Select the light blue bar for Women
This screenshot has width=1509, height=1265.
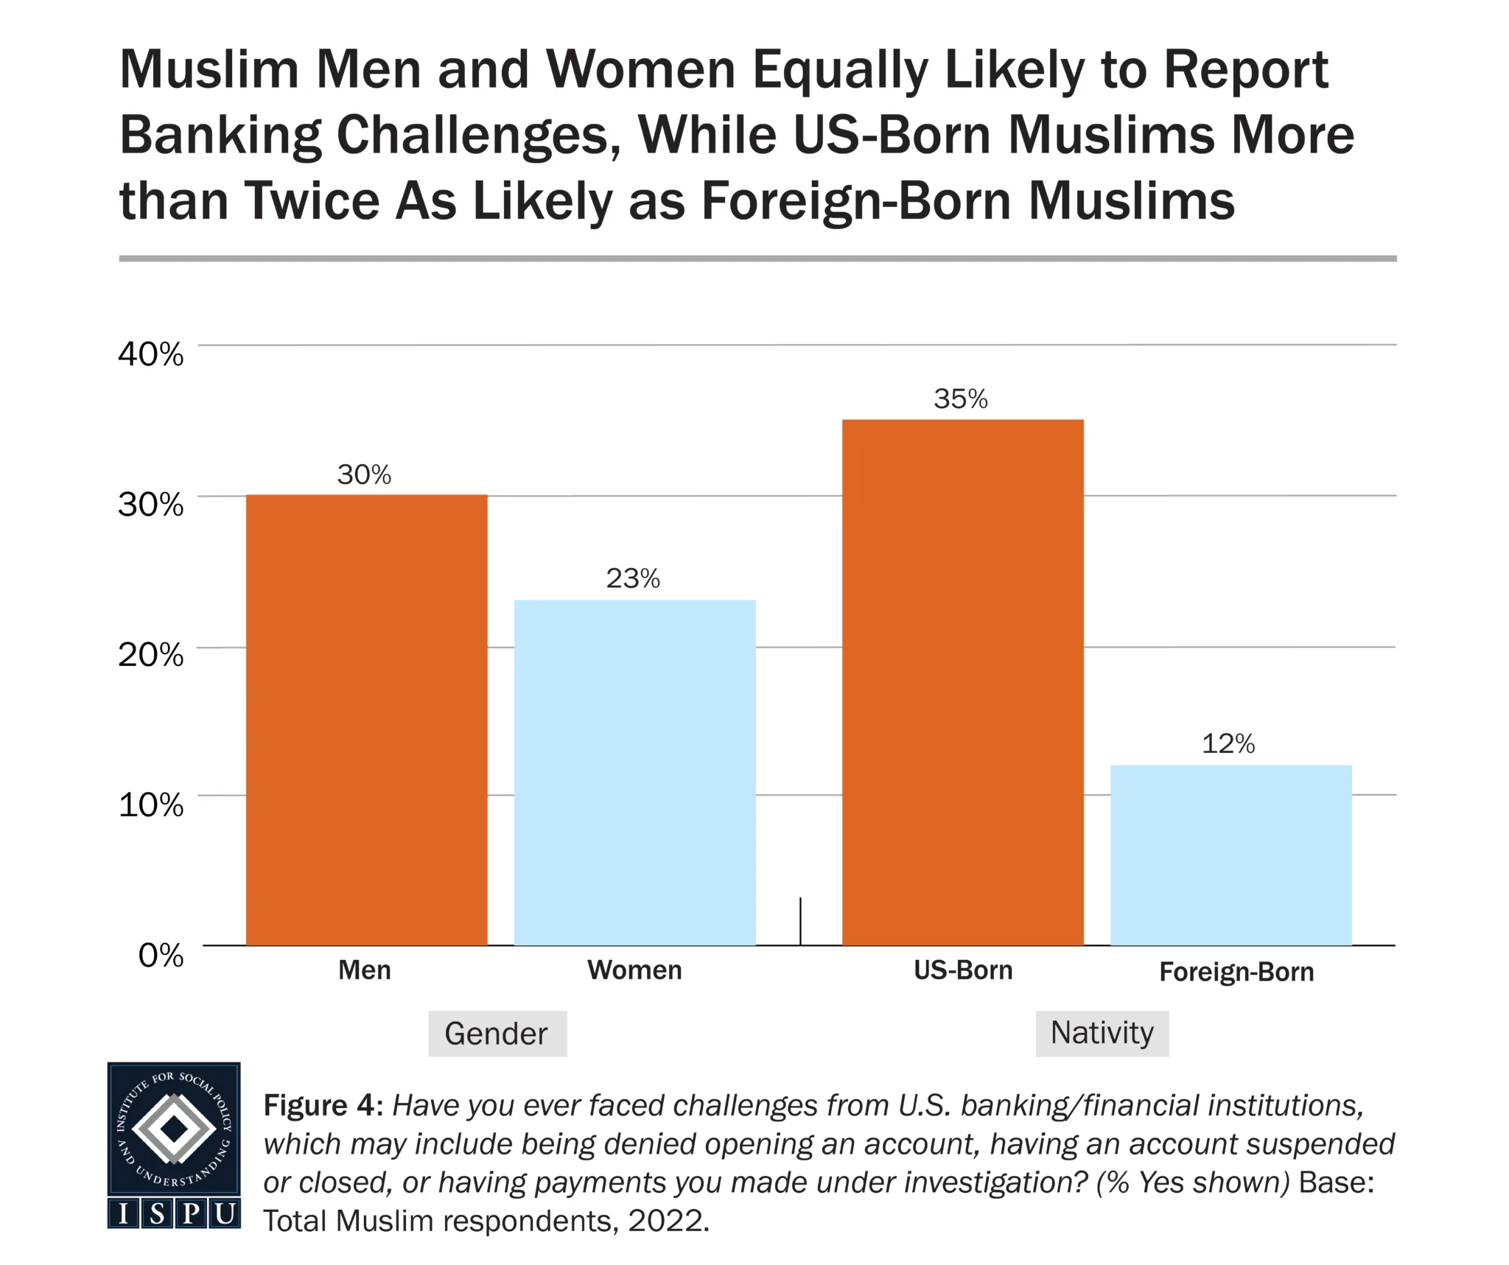pyautogui.click(x=634, y=772)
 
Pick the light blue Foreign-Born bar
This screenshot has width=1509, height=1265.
pyautogui.click(x=1230, y=855)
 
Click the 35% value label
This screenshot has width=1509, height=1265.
pyautogui.click(x=960, y=399)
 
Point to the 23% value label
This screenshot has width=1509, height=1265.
pyautogui.click(x=633, y=578)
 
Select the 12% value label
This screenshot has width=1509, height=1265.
pyautogui.click(x=1228, y=743)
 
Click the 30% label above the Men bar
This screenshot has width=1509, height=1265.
pyautogui.click(x=364, y=474)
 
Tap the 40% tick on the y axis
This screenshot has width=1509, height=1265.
pyautogui.click(x=150, y=354)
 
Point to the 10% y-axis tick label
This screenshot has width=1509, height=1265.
pyautogui.click(x=150, y=805)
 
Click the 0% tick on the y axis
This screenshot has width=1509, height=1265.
pyautogui.click(x=161, y=955)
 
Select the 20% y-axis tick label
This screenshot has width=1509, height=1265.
pyautogui.click(x=150, y=654)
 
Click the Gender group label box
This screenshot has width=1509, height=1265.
pyautogui.click(x=497, y=1033)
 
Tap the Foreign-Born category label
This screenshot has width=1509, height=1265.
pyautogui.click(x=1236, y=972)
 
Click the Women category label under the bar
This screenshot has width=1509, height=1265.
pyautogui.click(x=634, y=970)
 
